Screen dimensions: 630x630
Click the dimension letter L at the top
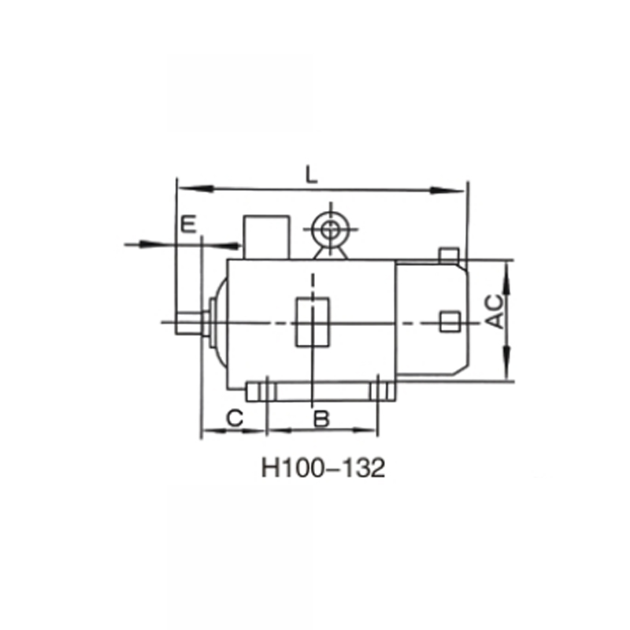pyautogui.click(x=312, y=176)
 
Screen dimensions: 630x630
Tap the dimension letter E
pyautogui.click(x=187, y=224)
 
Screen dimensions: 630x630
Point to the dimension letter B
pyautogui.click(x=321, y=418)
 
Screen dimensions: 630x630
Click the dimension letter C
pyautogui.click(x=234, y=418)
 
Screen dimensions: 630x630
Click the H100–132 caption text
pyautogui.click(x=323, y=469)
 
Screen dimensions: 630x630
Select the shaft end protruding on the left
pyautogui.click(x=190, y=322)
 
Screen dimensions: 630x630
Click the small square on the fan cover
pyautogui.click(x=450, y=321)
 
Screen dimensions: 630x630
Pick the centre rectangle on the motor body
pyautogui.click(x=312, y=321)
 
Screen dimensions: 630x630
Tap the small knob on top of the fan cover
pyautogui.click(x=448, y=255)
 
